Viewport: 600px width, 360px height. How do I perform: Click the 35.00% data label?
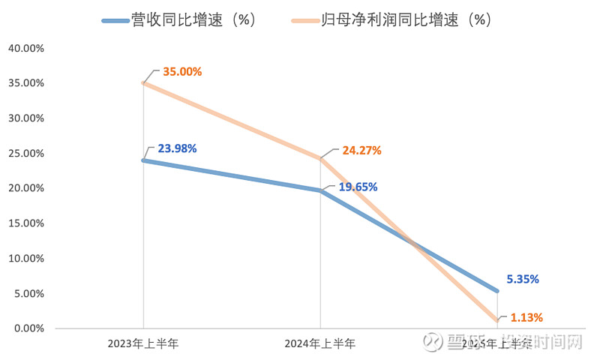click(x=182, y=72)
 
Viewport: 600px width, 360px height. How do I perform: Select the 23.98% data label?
click(x=177, y=148)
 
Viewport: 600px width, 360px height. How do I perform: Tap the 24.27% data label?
click(x=361, y=150)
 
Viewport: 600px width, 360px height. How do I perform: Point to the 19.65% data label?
click(x=358, y=187)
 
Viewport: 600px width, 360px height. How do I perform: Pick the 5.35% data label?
click(x=523, y=279)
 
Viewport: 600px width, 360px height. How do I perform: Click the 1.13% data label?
click(x=526, y=317)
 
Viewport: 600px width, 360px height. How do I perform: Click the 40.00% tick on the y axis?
click(x=25, y=48)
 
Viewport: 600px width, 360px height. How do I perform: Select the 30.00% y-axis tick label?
click(x=25, y=118)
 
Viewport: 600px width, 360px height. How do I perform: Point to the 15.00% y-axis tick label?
click(x=25, y=223)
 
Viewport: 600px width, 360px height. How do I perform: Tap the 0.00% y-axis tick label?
click(x=28, y=328)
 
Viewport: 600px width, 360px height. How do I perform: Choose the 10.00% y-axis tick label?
click(x=25, y=259)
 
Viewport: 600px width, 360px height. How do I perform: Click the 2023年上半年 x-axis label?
click(x=143, y=344)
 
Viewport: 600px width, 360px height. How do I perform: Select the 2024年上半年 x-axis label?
click(x=320, y=344)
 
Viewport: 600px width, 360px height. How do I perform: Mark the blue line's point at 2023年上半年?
click(x=143, y=160)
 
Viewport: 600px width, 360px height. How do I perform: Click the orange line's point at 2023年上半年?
click(x=143, y=83)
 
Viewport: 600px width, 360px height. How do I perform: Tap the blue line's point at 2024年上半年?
click(x=320, y=190)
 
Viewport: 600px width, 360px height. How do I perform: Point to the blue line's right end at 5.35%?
click(x=496, y=291)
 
